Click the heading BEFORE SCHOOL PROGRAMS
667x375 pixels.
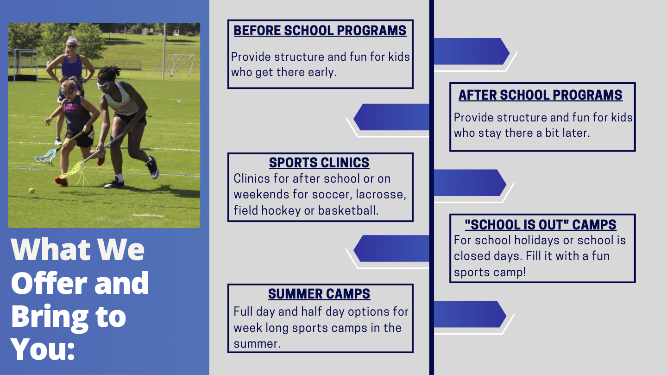(320, 31)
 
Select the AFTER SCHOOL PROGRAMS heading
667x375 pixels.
(541, 95)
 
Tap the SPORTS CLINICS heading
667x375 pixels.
(319, 162)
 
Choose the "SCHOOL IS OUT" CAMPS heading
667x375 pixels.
(541, 224)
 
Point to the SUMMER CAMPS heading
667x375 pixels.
(319, 293)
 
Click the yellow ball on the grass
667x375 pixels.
(31, 190)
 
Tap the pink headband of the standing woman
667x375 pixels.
(72, 41)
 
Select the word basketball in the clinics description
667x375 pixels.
(348, 210)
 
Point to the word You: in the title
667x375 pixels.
(43, 349)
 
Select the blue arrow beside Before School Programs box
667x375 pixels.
(472, 51)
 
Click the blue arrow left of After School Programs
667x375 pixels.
(391, 117)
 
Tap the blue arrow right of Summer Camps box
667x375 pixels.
(470, 314)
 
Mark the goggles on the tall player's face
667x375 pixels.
(104, 86)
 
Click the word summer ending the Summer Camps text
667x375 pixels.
(257, 343)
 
